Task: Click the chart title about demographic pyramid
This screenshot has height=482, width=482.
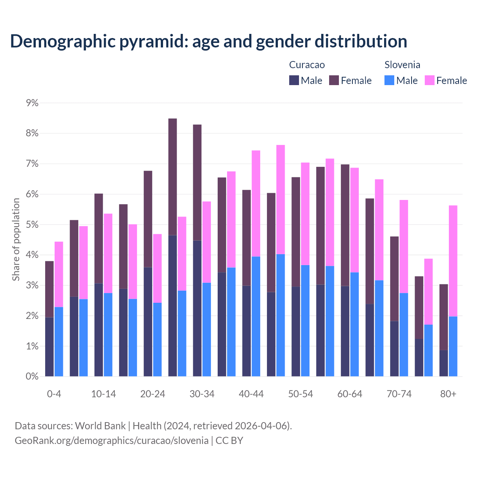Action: coord(209,41)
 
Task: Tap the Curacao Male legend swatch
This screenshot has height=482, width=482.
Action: coord(294,81)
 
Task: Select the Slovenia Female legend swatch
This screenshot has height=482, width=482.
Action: coord(430,81)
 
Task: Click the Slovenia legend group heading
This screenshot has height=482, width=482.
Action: coord(402,65)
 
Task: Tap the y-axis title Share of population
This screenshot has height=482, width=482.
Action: coord(16,239)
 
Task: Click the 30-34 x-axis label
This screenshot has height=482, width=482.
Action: coord(202,394)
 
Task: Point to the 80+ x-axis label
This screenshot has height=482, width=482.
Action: coord(448,394)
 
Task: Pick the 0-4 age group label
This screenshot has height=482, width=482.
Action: coord(54,394)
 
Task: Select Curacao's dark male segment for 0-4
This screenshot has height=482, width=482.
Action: coord(49,347)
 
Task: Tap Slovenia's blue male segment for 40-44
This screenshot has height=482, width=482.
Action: coord(256,316)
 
